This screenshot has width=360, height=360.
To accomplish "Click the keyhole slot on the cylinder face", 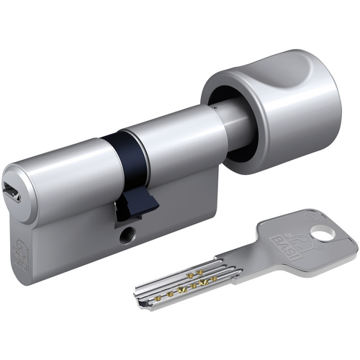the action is [x=12, y=192].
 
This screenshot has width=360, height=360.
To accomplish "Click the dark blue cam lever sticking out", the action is [x=138, y=205].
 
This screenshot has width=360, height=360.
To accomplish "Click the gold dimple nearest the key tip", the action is [x=158, y=299].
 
